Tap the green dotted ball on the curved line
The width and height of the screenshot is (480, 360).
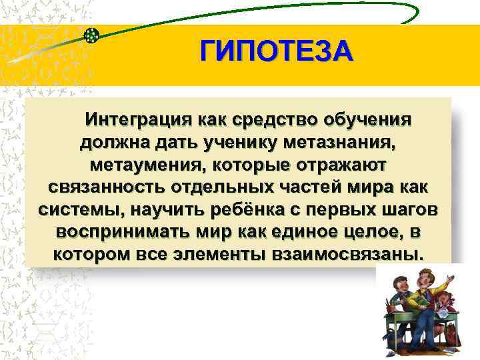(93, 34)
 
